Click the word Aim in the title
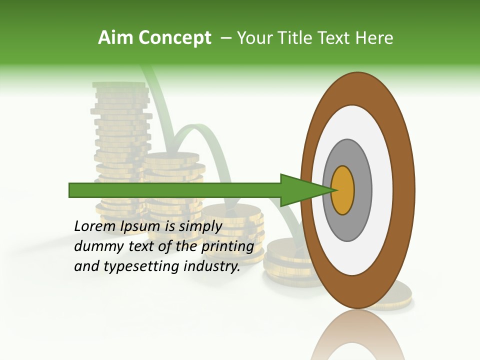tap(116, 38)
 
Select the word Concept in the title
tap(174, 38)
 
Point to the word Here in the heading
tap(374, 38)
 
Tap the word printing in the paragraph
tap(227, 246)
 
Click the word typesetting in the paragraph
tap(142, 266)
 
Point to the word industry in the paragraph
tap(212, 266)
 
